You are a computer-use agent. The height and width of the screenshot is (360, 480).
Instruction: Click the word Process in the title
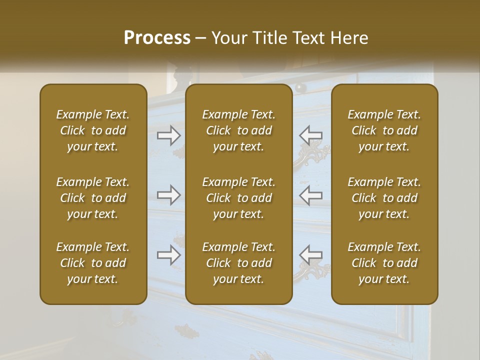(x=157, y=38)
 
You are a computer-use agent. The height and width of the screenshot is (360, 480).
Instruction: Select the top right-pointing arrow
(x=168, y=134)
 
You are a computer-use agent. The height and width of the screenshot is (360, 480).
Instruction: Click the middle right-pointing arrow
(x=168, y=195)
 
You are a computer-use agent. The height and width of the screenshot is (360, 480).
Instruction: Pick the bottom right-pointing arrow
(x=168, y=255)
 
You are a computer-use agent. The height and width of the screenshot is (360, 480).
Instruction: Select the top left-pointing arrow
(x=310, y=134)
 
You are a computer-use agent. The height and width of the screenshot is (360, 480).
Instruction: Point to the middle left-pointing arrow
(x=310, y=195)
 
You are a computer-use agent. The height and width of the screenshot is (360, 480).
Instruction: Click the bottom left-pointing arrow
(x=310, y=255)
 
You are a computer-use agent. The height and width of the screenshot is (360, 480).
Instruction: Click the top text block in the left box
(x=93, y=130)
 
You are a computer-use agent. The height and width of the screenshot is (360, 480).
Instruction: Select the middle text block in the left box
(x=93, y=198)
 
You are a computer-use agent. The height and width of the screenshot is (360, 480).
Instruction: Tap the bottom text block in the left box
(x=93, y=263)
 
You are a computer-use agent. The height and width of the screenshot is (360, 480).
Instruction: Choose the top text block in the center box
(x=239, y=130)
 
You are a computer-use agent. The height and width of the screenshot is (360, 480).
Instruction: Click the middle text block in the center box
(x=239, y=198)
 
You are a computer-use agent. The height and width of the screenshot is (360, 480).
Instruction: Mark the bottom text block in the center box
(x=239, y=263)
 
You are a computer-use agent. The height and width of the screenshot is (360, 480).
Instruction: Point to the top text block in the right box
(x=384, y=130)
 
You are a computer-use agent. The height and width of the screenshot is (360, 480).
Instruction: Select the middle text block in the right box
(x=384, y=198)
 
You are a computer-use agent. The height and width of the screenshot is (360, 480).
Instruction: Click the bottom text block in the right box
(x=384, y=263)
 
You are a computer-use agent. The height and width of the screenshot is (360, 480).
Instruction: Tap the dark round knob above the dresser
(x=300, y=87)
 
